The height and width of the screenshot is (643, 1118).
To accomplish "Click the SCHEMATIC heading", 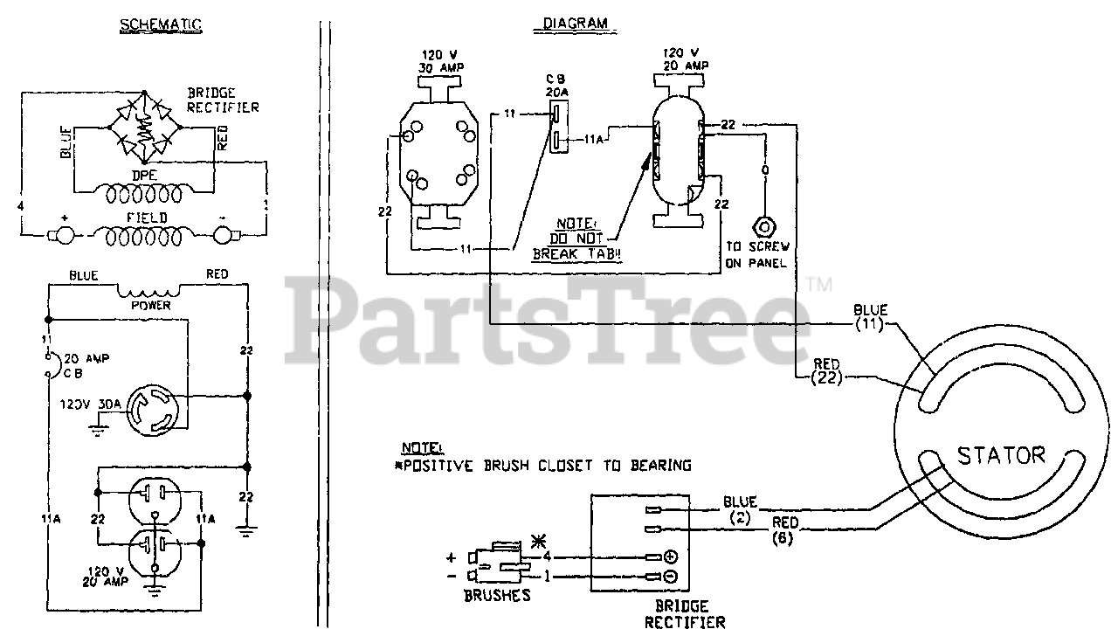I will (x=160, y=25).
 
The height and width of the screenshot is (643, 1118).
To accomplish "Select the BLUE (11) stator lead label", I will (x=871, y=317).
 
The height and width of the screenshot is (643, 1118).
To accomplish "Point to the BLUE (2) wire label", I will (x=740, y=508).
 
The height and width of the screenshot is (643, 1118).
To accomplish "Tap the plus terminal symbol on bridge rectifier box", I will (x=671, y=557).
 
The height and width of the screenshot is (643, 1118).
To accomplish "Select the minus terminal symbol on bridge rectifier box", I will (x=671, y=577).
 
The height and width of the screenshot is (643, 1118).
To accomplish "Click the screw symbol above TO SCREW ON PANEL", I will (x=764, y=225).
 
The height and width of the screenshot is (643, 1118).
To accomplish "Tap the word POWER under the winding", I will (x=149, y=306).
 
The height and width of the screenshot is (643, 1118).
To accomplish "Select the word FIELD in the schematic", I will (x=145, y=217).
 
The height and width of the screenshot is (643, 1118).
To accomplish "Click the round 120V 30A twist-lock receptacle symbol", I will (x=155, y=410).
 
